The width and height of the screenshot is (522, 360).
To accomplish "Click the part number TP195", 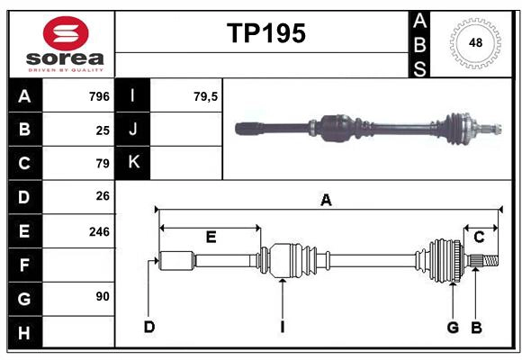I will [x=265, y=33].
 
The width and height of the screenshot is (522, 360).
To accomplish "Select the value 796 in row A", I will [x=98, y=96].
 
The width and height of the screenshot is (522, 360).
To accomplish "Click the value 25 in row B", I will [x=102, y=130].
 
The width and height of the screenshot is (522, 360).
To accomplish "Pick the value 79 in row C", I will [x=102, y=164].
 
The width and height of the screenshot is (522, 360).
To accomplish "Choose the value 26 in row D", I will [x=102, y=195].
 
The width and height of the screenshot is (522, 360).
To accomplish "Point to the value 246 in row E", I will [x=98, y=231].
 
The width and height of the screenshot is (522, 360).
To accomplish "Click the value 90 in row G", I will [x=102, y=296].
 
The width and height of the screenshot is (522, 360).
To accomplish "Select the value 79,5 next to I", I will [x=205, y=96].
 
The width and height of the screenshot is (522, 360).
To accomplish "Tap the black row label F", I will [x=24, y=265].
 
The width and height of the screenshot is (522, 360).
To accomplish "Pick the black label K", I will [x=133, y=163].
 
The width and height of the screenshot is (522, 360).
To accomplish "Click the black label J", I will [x=133, y=130].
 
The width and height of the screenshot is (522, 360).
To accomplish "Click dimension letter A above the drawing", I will [x=326, y=201].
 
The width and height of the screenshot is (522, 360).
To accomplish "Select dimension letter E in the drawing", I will [x=211, y=237].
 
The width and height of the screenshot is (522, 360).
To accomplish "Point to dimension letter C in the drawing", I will [x=479, y=237].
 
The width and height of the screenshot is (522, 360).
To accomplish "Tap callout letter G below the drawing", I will [x=453, y=327].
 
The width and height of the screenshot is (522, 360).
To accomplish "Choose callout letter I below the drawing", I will [x=282, y=327].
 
